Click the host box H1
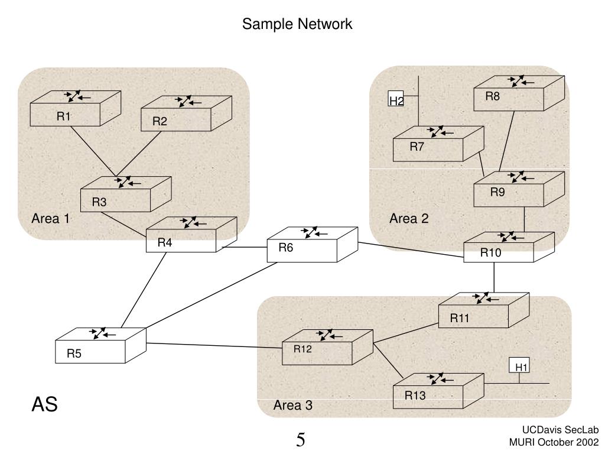point(520,367)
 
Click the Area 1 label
point(51,219)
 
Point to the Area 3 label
point(293,406)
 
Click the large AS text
point(44,405)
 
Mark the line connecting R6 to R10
point(411,250)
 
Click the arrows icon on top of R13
point(438,378)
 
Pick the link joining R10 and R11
point(494,277)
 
